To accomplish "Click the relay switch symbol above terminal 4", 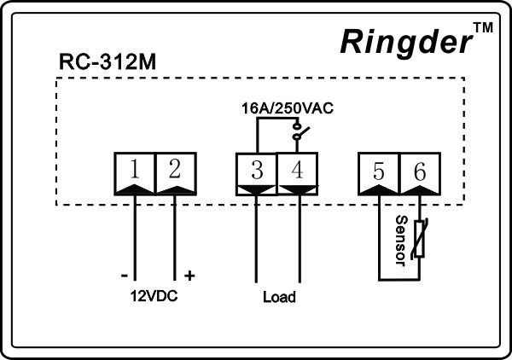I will click(297, 135).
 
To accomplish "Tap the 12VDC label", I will click(154, 298).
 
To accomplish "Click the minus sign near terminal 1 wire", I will click(125, 276).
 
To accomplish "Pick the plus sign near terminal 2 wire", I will click(189, 276).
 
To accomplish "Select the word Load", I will click(279, 298).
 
